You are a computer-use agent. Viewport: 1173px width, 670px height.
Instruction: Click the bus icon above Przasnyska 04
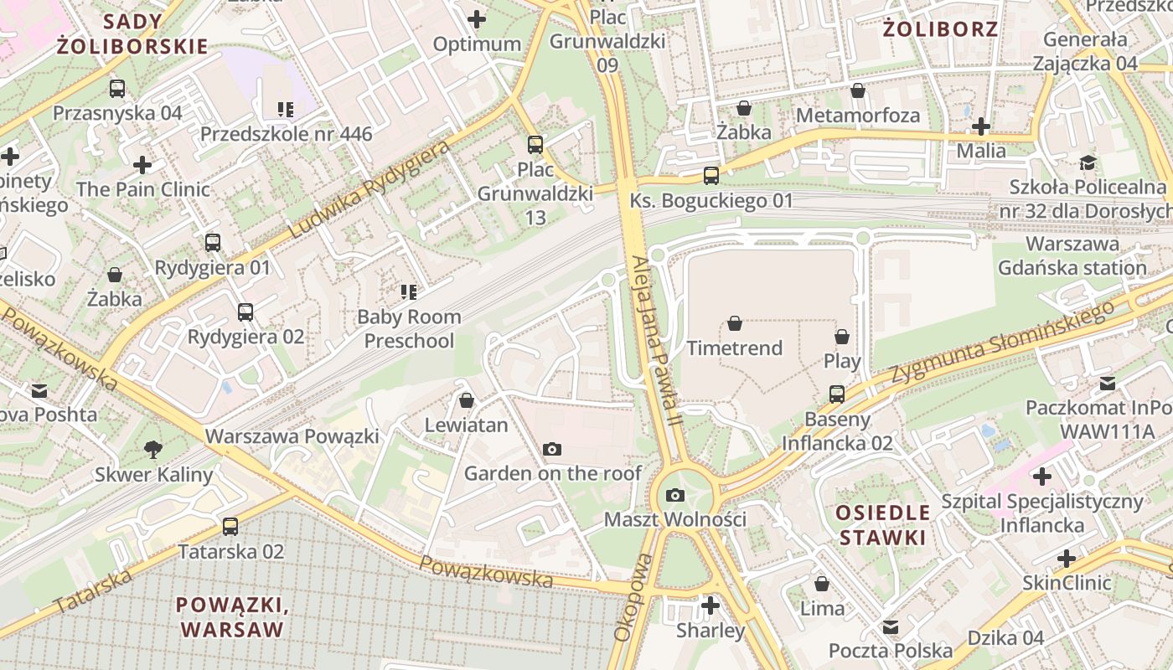117,88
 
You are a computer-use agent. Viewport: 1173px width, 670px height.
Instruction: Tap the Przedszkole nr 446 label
286,134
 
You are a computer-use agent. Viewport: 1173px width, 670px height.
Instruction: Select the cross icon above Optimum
477,18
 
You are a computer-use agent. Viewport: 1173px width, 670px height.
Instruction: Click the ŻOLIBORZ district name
941,29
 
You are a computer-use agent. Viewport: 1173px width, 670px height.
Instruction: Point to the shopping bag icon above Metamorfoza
857,90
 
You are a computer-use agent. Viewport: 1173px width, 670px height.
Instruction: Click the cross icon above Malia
981,126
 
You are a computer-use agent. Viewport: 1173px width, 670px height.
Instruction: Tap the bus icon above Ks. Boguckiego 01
711,176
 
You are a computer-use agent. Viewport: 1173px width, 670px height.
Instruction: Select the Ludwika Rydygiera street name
369,190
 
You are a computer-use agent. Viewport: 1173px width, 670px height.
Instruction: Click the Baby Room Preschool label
409,328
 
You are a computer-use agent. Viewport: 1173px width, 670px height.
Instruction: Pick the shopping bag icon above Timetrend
735,323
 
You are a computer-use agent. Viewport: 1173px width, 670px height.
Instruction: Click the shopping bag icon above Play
842,337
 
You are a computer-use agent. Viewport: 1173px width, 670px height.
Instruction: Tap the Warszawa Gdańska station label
1072,256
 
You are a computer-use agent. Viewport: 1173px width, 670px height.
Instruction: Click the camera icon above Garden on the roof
551,450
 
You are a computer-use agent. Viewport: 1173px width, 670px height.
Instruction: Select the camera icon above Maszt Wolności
675,495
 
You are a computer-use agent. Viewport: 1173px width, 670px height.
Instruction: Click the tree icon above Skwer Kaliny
153,450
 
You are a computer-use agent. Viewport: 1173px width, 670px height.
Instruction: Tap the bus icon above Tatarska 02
230,527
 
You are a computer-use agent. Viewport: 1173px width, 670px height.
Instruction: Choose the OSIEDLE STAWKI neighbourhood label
883,525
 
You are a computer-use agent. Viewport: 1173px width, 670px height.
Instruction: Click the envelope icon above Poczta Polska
891,626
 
